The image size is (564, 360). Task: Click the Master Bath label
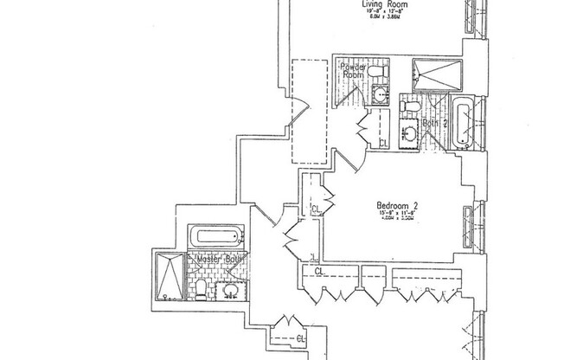tap(221, 259)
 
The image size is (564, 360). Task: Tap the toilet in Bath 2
tap(410, 106)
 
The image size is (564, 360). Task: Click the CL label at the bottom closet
tap(300, 337)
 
